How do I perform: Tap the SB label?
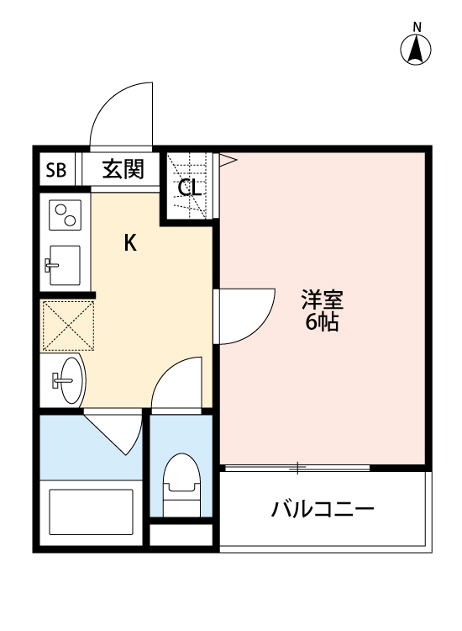point(56,171)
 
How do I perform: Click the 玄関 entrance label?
point(123,170)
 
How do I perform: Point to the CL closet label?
point(190,188)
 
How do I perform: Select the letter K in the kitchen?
point(130,244)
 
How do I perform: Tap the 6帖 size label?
point(323,323)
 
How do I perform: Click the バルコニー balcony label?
point(323,510)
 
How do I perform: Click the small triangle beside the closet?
point(225,157)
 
